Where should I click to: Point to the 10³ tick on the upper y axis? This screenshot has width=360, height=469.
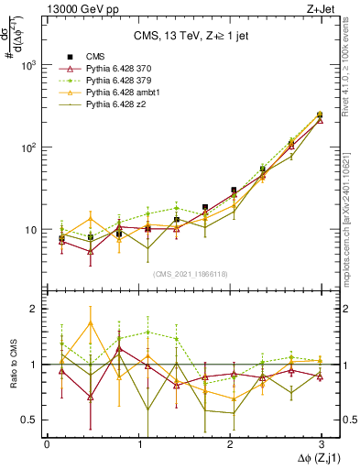click(29, 65)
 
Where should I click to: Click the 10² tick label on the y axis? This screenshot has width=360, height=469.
click(29, 147)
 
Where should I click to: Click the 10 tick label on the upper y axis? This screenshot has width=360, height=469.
click(32, 230)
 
